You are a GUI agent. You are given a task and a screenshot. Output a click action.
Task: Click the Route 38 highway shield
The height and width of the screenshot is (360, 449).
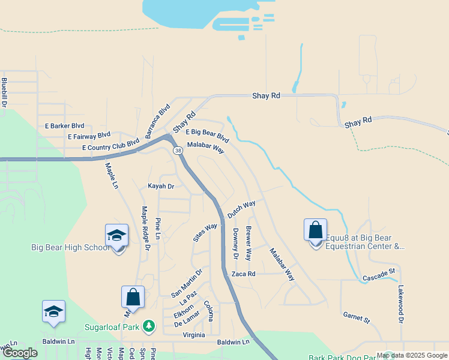(178, 151)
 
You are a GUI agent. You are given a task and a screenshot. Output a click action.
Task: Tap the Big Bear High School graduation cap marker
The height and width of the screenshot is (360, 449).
(117, 236)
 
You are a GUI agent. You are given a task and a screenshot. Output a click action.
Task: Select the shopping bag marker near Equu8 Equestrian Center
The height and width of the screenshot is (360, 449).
(315, 230)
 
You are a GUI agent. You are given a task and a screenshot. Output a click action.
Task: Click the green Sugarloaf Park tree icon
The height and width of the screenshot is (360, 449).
(149, 327)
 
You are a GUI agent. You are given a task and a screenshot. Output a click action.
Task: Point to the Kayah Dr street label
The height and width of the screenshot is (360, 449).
(161, 187)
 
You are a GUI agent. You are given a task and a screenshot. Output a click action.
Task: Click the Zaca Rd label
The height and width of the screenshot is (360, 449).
(244, 274)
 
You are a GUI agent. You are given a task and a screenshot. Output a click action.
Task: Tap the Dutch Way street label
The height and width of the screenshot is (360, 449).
(241, 209)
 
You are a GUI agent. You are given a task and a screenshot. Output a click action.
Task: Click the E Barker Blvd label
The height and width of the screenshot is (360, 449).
(64, 126)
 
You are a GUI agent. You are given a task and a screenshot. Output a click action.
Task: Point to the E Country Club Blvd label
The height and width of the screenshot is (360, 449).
(111, 145)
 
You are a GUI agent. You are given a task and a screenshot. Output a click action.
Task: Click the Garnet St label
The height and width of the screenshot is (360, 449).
(356, 317)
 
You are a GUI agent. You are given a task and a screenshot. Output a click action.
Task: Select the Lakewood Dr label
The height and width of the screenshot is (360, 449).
(401, 304)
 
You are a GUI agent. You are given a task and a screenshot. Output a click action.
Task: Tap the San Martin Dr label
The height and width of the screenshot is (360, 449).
(187, 283)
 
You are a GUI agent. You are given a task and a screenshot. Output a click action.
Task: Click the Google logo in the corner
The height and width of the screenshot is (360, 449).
(20, 353)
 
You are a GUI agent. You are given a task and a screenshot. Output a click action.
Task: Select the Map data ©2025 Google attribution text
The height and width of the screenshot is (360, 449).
(411, 356)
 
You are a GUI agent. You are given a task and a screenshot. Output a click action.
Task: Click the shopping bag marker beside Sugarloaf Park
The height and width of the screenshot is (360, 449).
(133, 298)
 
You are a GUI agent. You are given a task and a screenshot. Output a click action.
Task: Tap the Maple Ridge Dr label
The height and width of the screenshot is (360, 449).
(145, 224)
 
